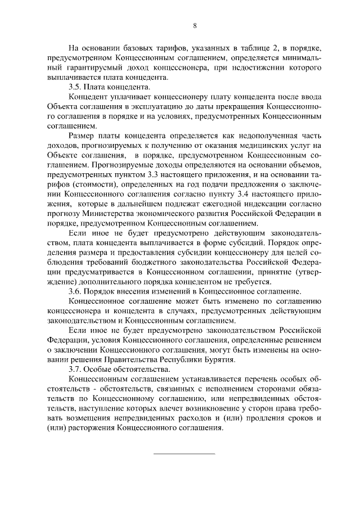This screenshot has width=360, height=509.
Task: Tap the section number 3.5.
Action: [x=74, y=87]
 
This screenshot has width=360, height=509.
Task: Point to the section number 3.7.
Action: [x=74, y=368]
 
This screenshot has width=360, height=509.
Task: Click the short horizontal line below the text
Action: [x=184, y=453]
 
